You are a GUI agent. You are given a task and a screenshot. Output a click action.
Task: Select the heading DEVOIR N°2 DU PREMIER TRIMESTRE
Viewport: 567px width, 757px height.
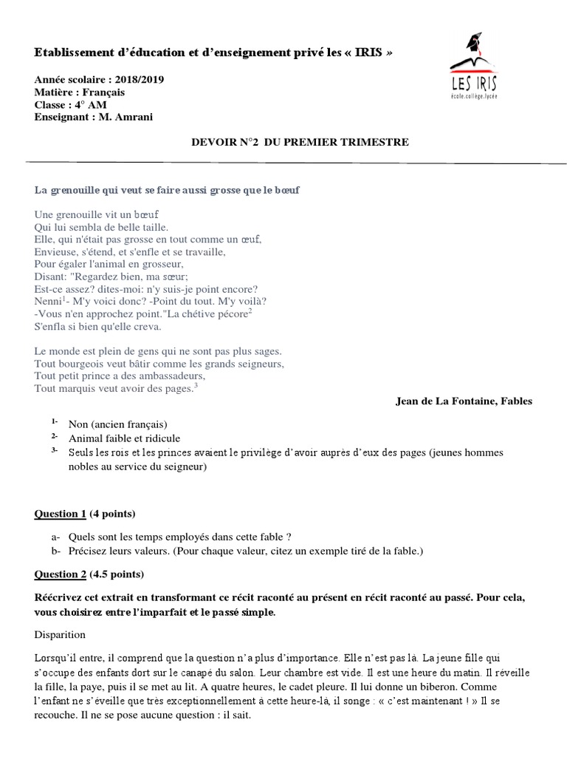(298, 141)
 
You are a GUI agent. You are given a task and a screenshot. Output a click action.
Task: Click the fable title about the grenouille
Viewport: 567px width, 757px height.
(168, 190)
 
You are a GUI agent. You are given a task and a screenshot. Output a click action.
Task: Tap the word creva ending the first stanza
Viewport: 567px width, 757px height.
(145, 326)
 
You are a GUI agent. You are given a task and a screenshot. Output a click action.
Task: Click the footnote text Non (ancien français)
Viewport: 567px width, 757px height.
(118, 424)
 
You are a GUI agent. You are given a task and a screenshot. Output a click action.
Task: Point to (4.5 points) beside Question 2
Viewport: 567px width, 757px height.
(117, 574)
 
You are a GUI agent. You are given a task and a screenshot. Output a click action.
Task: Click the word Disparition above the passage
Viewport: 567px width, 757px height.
(60, 634)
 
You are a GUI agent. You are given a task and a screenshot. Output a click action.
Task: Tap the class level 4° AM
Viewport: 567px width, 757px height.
(88, 104)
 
